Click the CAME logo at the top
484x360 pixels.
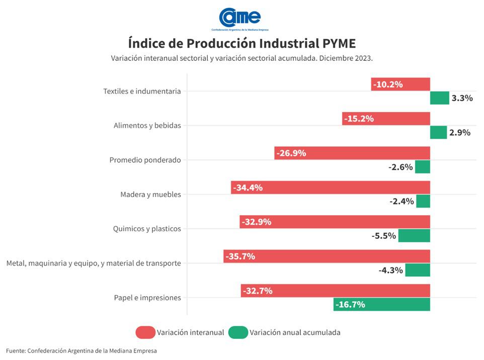pos(240,18)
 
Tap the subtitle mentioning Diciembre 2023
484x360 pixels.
pos(242,58)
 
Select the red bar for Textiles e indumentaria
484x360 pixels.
pos(400,84)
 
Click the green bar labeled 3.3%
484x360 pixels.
pos(439,98)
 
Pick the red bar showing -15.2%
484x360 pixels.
pos(386,119)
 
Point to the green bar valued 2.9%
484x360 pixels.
pos(438,132)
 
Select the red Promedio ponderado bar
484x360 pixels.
pos(352,153)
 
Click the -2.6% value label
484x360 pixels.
pos(400,167)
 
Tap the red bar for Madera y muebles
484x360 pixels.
pos(331,188)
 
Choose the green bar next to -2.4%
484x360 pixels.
pos(423,201)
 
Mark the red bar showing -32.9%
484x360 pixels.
pos(335,222)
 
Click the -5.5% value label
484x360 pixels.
pos(384,235)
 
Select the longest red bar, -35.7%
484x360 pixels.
pos(327,256)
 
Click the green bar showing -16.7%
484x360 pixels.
pos(381,304)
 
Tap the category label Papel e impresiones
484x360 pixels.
pos(147,298)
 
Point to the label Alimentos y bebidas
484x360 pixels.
pos(147,126)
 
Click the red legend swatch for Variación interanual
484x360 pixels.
pos(145,332)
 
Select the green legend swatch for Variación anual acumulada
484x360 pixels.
pos(238,332)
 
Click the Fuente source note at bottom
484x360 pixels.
pos(82,350)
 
